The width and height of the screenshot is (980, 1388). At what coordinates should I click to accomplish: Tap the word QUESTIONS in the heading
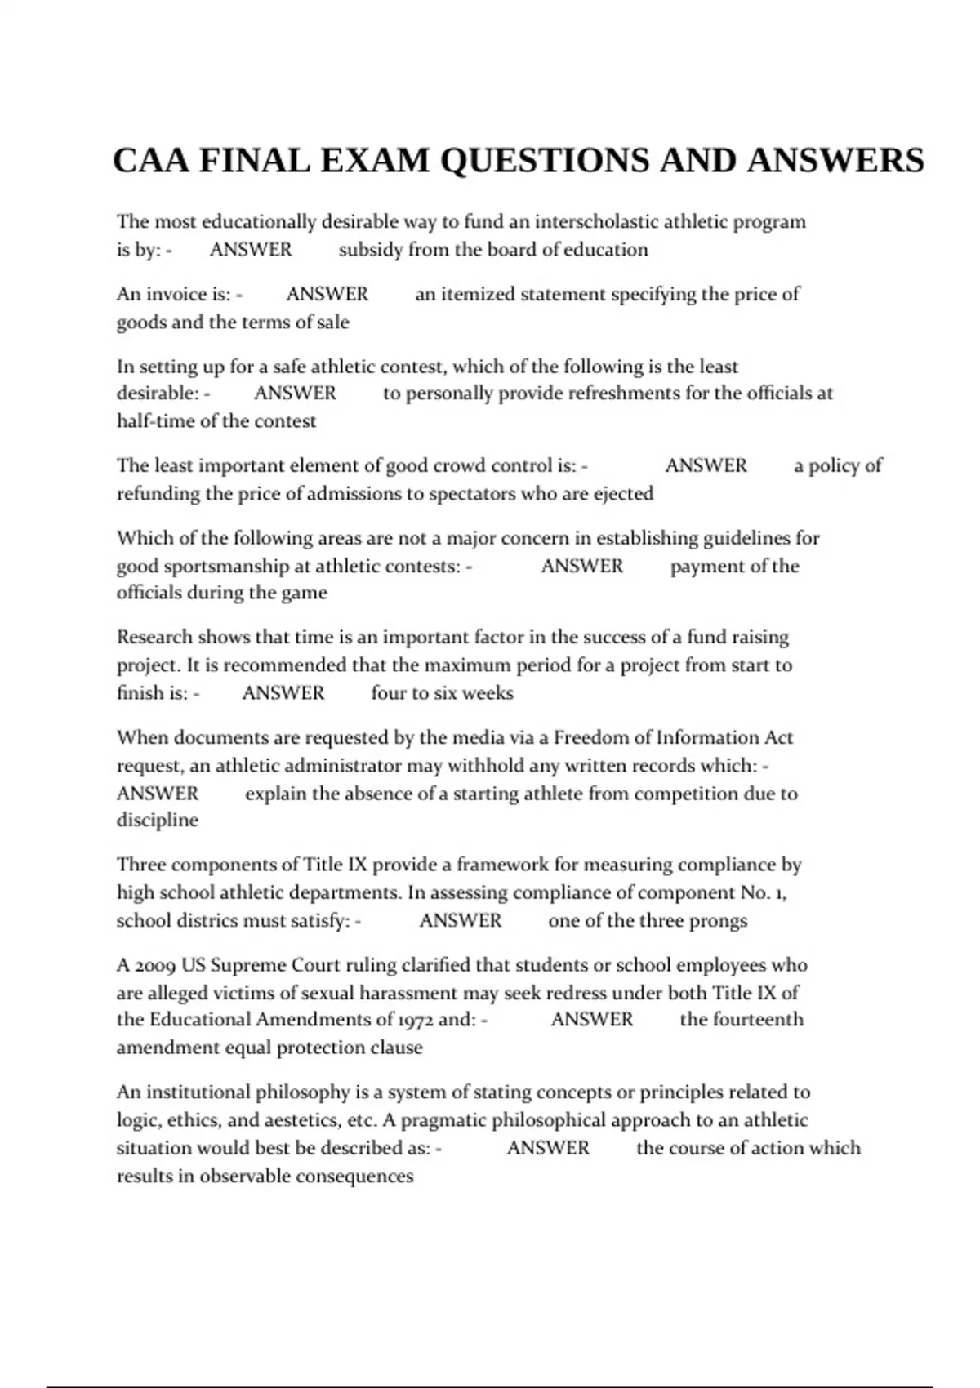545,161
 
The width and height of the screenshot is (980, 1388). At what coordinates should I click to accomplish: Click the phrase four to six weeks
442,693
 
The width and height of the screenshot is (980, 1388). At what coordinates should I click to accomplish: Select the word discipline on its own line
157,821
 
